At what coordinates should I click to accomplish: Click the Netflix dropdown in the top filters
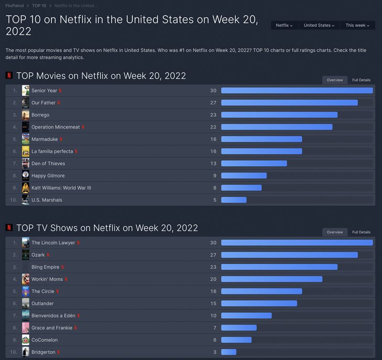point(284,25)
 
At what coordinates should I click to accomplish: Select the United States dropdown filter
point(319,25)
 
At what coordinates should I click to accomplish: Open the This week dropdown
point(358,25)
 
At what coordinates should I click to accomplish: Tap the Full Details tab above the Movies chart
point(361,80)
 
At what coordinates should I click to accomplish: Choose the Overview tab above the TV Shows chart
point(335,232)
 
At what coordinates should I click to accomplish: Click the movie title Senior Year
point(44,90)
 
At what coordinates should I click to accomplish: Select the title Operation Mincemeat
point(55,127)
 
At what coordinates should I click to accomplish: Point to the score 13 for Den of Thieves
point(213,164)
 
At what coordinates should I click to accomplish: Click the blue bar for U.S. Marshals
point(234,200)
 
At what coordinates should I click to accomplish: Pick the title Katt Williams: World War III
point(61,188)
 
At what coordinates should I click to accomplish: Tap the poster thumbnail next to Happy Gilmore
point(26,175)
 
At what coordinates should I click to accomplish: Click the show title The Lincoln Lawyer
point(53,242)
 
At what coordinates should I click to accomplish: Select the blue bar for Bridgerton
point(229,352)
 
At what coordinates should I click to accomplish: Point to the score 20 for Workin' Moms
point(213,279)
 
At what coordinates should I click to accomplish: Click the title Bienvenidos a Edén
point(53,316)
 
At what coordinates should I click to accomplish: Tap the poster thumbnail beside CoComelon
point(26,340)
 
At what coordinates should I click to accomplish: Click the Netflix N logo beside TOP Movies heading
point(9,76)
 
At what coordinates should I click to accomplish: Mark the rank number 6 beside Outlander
point(15,304)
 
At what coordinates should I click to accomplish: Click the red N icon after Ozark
point(48,255)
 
